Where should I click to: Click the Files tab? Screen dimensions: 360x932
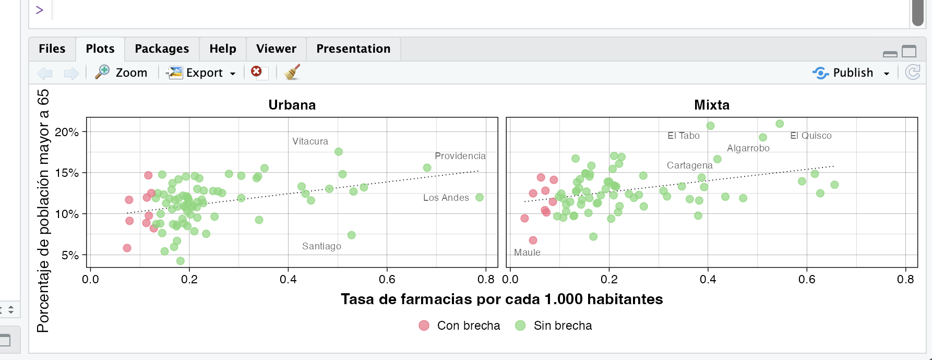point(52,49)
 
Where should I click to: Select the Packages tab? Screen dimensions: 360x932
point(162,49)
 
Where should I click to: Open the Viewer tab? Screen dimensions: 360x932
point(276,49)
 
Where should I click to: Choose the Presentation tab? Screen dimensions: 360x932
point(353,49)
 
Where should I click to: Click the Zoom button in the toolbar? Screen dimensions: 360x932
point(122,73)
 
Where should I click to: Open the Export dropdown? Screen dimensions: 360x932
point(201,73)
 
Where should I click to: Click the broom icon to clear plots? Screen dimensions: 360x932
point(292,72)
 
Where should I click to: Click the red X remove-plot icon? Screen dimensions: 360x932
point(256,71)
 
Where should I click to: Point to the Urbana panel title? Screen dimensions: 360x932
point(292,105)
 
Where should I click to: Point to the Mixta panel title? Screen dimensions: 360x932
point(711,105)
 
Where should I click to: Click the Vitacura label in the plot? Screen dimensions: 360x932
point(310,141)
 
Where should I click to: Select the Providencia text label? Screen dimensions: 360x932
point(460,156)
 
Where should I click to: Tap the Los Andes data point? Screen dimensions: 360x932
point(480,197)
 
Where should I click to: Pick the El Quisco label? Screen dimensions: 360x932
point(810,136)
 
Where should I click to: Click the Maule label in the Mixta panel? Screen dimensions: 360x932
point(527,253)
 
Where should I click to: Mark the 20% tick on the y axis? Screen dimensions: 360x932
point(67,132)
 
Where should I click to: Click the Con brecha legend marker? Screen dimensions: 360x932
point(424,326)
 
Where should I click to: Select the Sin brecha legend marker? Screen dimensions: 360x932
point(520,326)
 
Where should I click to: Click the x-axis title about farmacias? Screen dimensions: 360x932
point(501,299)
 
